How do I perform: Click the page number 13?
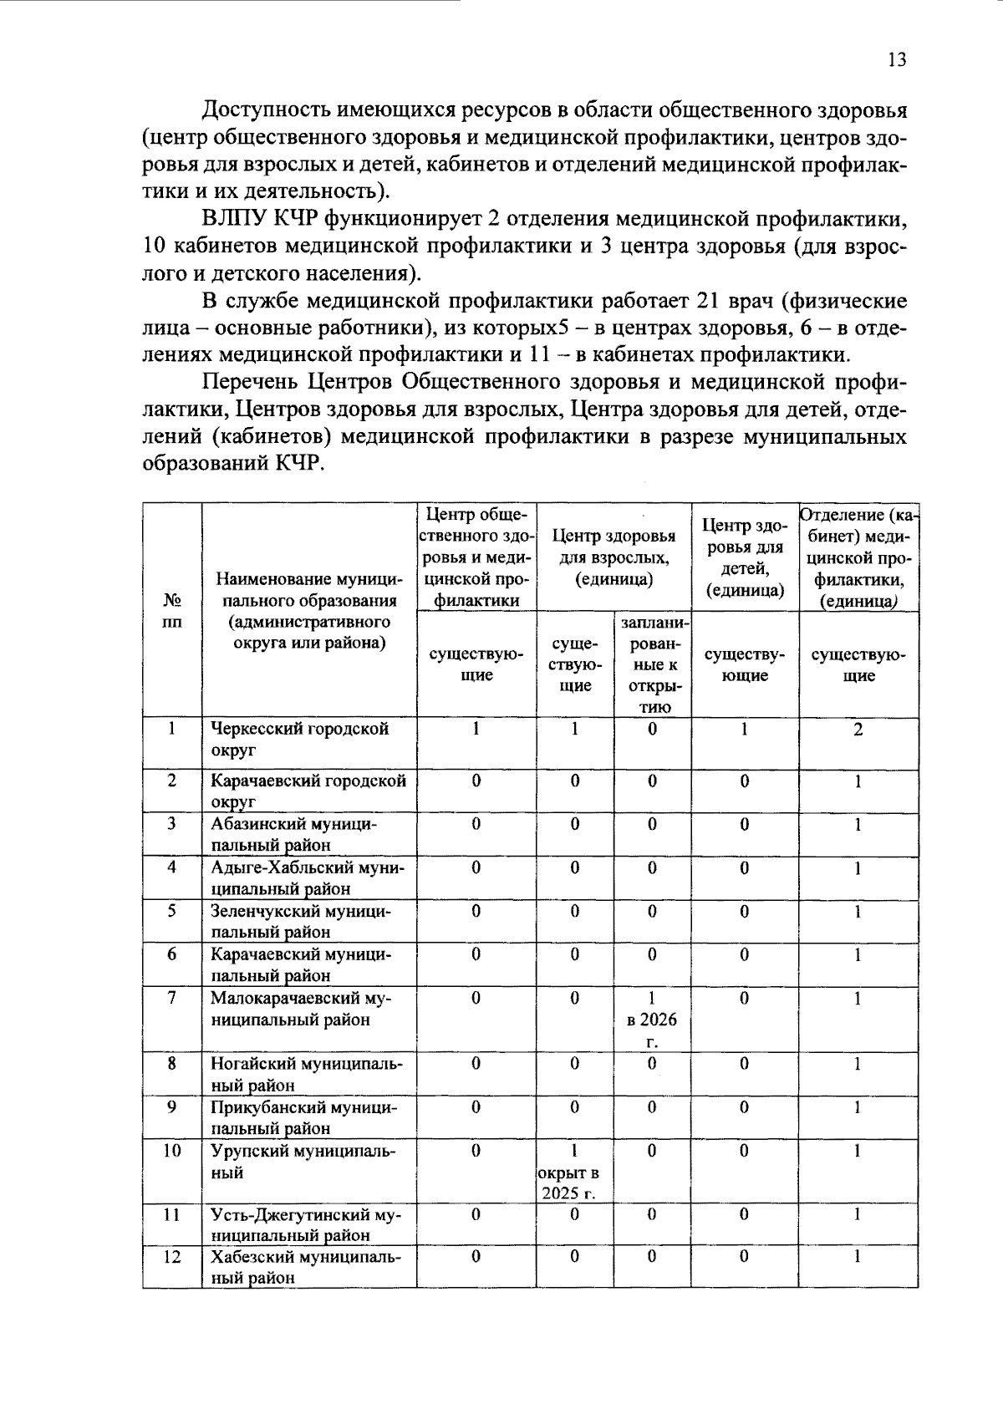896,59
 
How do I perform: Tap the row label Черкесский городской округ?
299,739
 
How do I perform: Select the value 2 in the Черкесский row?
858,730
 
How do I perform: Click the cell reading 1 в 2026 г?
652,1019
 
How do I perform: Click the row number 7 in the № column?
171,998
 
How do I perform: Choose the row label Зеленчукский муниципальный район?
301,921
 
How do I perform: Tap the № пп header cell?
172,611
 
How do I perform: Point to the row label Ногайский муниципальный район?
305,1074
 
